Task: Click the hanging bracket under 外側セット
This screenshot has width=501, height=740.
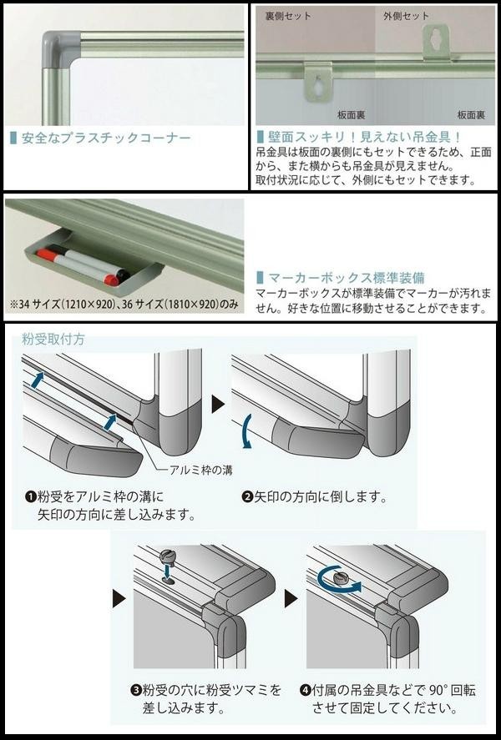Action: point(435,43)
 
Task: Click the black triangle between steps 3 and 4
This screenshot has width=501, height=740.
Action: point(290,598)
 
